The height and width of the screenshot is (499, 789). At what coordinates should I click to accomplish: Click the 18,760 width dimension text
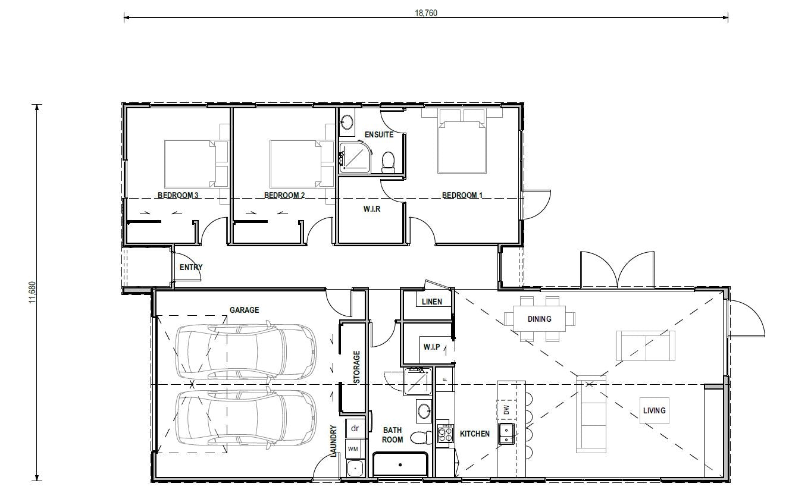click(x=425, y=13)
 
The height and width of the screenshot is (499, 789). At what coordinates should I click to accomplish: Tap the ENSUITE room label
click(x=379, y=134)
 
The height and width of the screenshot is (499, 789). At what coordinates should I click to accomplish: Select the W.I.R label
click(x=372, y=209)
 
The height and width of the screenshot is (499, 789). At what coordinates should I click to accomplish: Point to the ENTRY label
click(x=191, y=267)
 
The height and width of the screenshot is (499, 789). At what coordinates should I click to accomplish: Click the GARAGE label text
click(x=245, y=310)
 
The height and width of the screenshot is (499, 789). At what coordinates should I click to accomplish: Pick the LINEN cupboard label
click(x=431, y=302)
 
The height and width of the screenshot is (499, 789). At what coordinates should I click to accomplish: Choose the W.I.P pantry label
click(x=431, y=346)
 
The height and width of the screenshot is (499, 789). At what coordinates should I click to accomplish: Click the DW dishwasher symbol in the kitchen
click(x=506, y=410)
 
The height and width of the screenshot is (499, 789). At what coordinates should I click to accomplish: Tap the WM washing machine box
click(x=353, y=448)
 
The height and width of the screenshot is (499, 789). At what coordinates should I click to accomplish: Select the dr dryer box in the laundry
click(x=355, y=428)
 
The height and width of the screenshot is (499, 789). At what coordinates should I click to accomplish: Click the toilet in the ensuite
click(x=389, y=161)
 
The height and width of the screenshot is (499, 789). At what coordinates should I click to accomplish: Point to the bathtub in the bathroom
click(x=400, y=464)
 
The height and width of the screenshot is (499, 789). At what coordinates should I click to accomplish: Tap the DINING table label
click(x=539, y=319)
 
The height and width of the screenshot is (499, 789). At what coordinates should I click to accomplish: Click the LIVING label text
click(x=654, y=410)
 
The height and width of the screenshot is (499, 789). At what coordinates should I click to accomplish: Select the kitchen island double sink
click(x=506, y=434)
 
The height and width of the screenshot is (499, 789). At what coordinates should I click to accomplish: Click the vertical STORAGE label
click(x=357, y=367)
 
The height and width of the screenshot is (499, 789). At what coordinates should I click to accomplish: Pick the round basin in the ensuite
click(x=346, y=125)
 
